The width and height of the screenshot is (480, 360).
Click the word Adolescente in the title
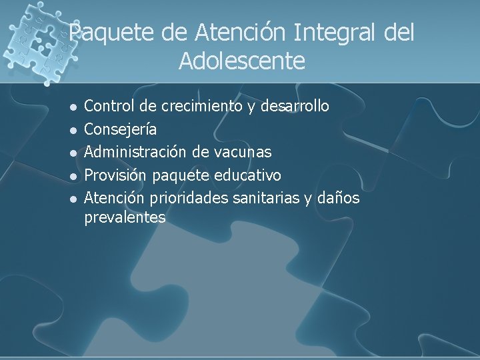click(x=242, y=62)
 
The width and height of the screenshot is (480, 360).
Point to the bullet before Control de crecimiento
click(x=74, y=107)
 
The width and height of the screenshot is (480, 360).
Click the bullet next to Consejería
click(x=74, y=130)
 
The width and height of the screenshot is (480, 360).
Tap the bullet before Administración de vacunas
click(x=74, y=153)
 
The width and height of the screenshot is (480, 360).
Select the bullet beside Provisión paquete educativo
click(x=74, y=176)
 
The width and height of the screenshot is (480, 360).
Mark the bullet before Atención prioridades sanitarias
click(x=74, y=199)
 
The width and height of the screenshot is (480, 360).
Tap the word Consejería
click(x=121, y=129)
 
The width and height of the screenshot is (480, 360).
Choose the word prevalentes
click(x=125, y=217)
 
